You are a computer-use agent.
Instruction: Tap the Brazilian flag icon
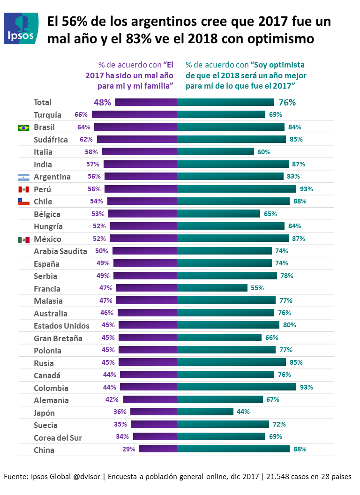point(23,127)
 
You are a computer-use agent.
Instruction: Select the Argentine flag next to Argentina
point(23,177)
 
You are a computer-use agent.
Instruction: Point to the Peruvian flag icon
point(23,189)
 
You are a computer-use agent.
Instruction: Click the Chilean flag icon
point(23,202)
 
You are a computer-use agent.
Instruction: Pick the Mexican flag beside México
point(23,239)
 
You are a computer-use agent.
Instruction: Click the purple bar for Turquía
point(134,114)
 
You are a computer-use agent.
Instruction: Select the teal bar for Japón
point(205,412)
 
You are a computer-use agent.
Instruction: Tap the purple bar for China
point(158,449)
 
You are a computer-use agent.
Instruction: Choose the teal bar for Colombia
point(236,387)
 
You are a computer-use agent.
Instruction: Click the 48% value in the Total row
point(102,102)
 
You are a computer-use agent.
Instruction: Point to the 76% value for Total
point(287,102)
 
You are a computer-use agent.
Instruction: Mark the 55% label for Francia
point(257,288)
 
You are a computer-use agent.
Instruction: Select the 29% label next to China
point(129,449)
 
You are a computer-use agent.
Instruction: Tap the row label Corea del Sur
point(58,438)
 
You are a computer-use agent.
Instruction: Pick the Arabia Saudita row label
point(60,251)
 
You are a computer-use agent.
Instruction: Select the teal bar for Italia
point(215,152)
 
